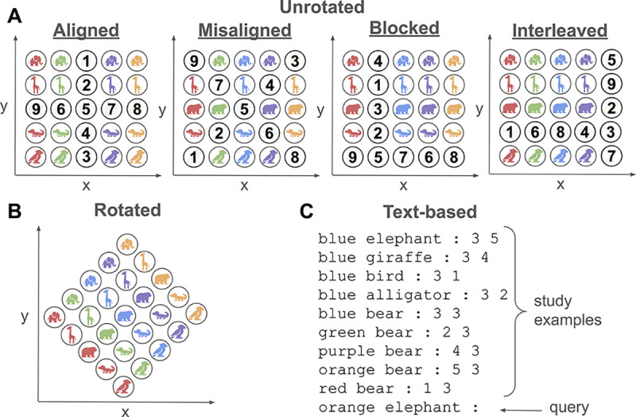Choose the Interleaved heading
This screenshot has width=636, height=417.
point(560,32)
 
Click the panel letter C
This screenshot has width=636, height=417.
point(308,212)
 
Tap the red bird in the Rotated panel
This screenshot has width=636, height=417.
point(125,388)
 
